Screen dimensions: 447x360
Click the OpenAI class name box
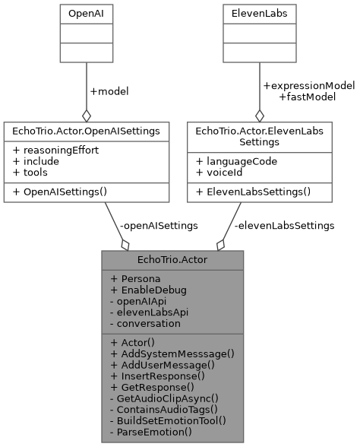pos(86,13)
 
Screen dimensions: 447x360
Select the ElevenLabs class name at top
pos(260,13)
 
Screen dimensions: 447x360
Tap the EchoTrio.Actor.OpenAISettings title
pos(86,131)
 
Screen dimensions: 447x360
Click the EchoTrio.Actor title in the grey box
pos(172,260)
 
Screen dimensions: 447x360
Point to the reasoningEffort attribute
pos(55,150)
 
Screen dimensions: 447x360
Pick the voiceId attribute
pos(224,173)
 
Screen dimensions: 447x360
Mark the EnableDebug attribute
pos(149,289)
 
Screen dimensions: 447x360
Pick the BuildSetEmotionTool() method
pos(172,419)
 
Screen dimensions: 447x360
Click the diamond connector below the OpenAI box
pos(86,116)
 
